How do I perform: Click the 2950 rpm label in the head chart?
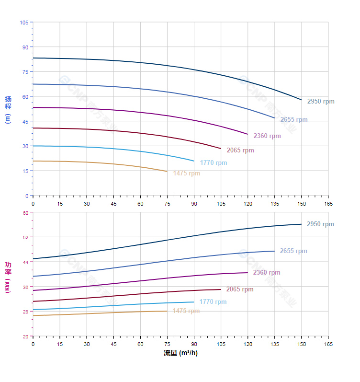[x=321, y=102]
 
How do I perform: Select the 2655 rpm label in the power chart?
[x=293, y=251]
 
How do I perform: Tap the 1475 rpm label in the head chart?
[x=187, y=174]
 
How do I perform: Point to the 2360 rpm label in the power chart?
[x=267, y=273]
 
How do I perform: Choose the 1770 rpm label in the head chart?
[x=214, y=163]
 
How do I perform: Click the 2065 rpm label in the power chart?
[x=240, y=289]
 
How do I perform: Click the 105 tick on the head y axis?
[x=24, y=23]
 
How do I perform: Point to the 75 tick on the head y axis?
[x=25, y=72]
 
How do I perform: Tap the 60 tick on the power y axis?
[x=25, y=213]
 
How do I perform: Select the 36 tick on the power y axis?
[x=25, y=287]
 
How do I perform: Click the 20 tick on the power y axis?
[x=25, y=336]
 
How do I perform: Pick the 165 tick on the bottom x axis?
[x=328, y=344]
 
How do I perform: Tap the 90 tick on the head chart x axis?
[x=194, y=204]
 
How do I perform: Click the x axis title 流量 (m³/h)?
[x=180, y=353]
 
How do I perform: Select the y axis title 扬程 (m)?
[x=8, y=109]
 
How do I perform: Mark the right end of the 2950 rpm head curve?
[x=302, y=100]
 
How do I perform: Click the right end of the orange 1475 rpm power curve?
[x=167, y=311]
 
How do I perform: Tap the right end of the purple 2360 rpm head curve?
[x=248, y=134]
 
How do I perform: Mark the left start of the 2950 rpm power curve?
[x=33, y=259]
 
